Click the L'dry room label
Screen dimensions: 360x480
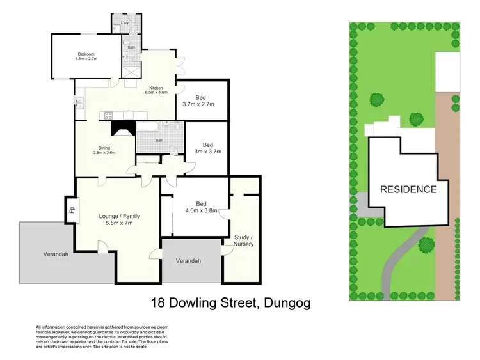[x=125, y=23]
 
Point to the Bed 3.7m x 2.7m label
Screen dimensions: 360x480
[x=198, y=100]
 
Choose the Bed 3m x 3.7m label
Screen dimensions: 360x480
[x=207, y=148]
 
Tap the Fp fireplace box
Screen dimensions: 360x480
[x=72, y=210]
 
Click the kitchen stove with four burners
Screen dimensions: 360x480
[x=108, y=116]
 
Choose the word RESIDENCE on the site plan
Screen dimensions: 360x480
[x=408, y=189]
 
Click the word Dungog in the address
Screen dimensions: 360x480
[x=283, y=302]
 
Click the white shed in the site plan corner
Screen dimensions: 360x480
[x=447, y=72]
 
